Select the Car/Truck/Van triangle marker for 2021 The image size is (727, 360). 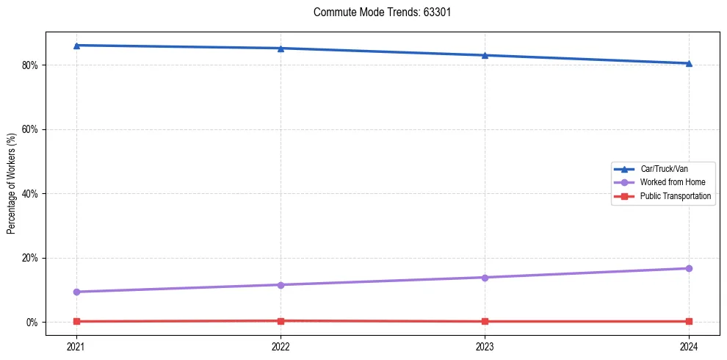pos(76,46)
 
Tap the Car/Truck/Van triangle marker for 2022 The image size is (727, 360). pos(281,48)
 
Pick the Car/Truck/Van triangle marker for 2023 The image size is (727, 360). pos(485,55)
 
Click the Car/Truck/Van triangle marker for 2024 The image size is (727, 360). pos(689,63)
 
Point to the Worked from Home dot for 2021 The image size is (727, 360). pos(76,292)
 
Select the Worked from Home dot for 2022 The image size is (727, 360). pos(281,284)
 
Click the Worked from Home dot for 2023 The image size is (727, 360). pos(485,277)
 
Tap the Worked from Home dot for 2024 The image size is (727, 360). pos(689,268)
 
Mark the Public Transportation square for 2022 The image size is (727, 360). pos(281,320)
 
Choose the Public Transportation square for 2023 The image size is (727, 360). pos(485,321)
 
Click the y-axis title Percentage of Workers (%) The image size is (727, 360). pos(11,184)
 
